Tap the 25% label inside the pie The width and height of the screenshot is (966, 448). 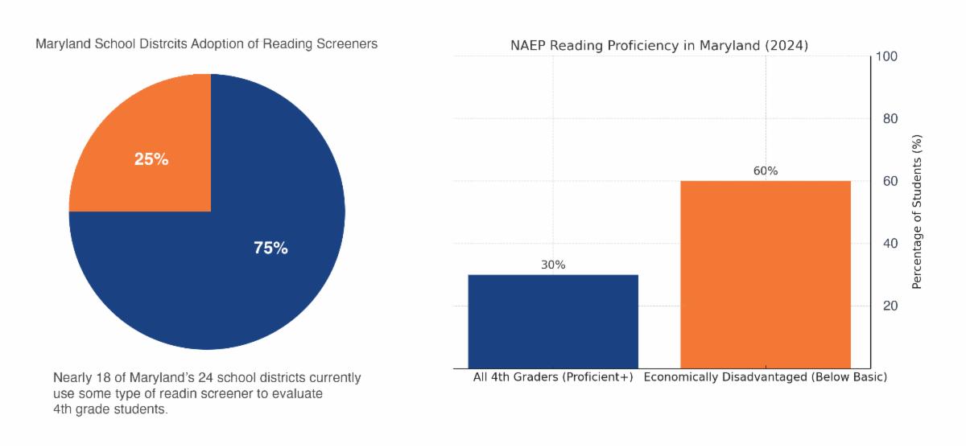(151, 159)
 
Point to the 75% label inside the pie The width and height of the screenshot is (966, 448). (270, 249)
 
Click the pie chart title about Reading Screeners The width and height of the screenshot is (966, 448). (206, 44)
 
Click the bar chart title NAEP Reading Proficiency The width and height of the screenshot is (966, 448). (659, 45)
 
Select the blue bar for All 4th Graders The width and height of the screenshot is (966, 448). (553, 322)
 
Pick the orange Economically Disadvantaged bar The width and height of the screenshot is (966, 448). (766, 273)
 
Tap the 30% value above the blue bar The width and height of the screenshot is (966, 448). (553, 265)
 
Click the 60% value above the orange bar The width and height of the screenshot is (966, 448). (766, 171)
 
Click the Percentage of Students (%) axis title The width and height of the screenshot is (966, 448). (917, 212)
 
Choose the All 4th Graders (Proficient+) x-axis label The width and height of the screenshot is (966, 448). (553, 377)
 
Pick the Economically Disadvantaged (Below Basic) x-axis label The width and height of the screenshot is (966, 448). (766, 377)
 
